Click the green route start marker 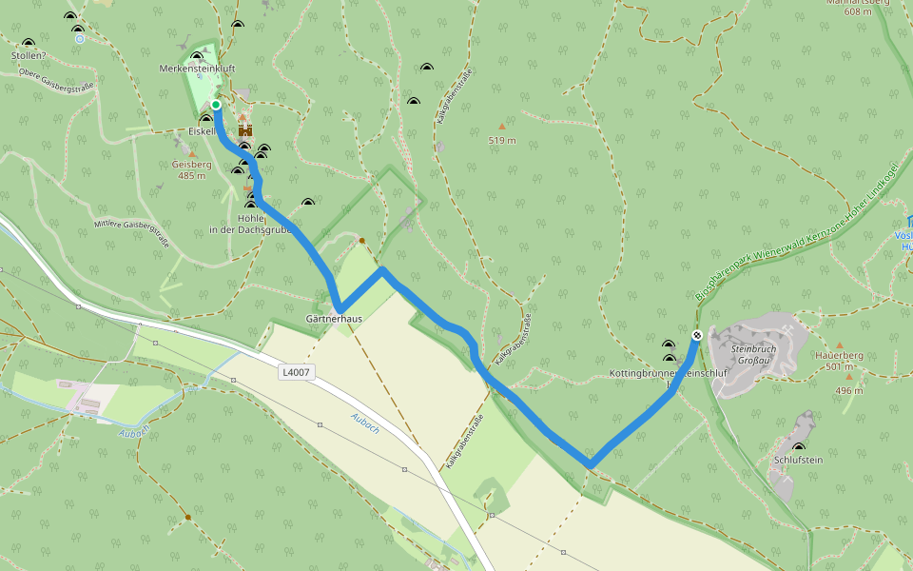[216, 105]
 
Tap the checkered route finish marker [697, 335]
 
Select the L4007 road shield [295, 371]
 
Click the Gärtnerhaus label [333, 319]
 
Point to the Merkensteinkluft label [197, 69]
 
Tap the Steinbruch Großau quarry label [754, 355]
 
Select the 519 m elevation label [502, 141]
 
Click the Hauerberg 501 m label [838, 360]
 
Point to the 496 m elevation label [849, 390]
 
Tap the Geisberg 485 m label [191, 169]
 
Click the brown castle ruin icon [245, 128]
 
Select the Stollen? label [29, 55]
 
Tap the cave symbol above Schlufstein [798, 446]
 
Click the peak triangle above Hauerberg [839, 345]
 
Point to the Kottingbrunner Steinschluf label [668, 374]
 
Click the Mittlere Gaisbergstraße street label [131, 232]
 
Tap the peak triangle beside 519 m [502, 127]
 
